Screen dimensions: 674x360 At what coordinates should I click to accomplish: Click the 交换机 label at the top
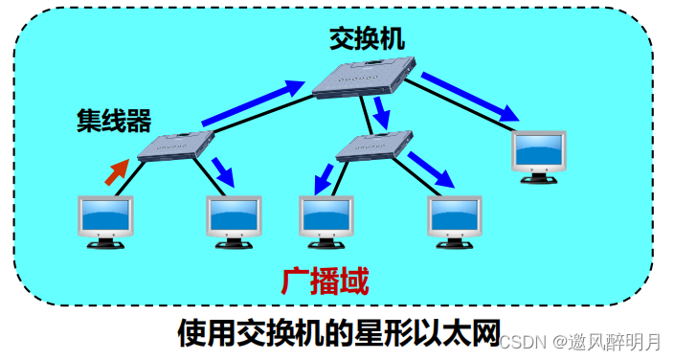pos(367,39)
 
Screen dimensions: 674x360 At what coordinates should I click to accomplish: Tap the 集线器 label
pos(114,121)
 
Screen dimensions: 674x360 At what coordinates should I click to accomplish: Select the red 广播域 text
pos(326,281)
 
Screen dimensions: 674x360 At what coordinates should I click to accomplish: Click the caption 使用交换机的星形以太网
pos(340,333)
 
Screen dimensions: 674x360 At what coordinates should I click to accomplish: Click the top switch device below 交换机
pos(367,78)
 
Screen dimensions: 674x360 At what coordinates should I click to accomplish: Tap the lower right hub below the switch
pos(373,146)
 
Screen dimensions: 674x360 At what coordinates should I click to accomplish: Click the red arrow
pos(116,171)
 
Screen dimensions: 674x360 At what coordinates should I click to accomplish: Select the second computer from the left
pos(234,220)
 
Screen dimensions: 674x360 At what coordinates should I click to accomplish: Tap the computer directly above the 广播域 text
pos(326,220)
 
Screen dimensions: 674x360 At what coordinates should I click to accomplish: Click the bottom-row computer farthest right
pos(454,220)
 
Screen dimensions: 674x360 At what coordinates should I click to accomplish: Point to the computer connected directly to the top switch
pos(538,151)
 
